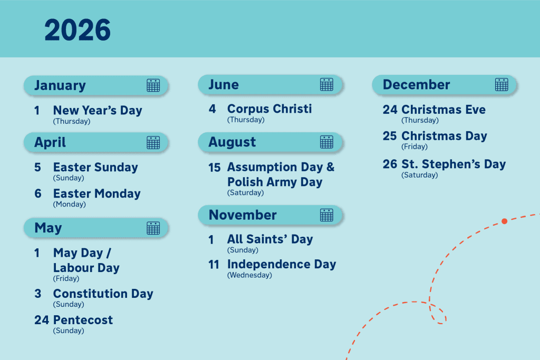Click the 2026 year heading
click(78, 30)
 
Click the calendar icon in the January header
click(153, 85)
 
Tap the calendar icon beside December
click(502, 84)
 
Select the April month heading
click(50, 142)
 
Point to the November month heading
click(243, 215)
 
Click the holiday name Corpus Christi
click(269, 109)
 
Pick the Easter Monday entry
click(97, 194)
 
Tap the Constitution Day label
click(103, 294)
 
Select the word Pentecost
click(83, 320)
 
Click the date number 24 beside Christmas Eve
click(390, 110)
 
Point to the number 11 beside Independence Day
click(214, 265)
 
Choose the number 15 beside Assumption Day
click(214, 168)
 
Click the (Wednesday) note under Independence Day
click(249, 275)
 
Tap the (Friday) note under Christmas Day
click(414, 147)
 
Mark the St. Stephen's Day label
click(454, 164)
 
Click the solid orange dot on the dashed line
click(504, 221)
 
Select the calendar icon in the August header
click(326, 142)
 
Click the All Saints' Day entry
click(270, 239)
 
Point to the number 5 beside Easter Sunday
click(37, 168)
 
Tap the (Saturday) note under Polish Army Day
click(245, 193)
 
